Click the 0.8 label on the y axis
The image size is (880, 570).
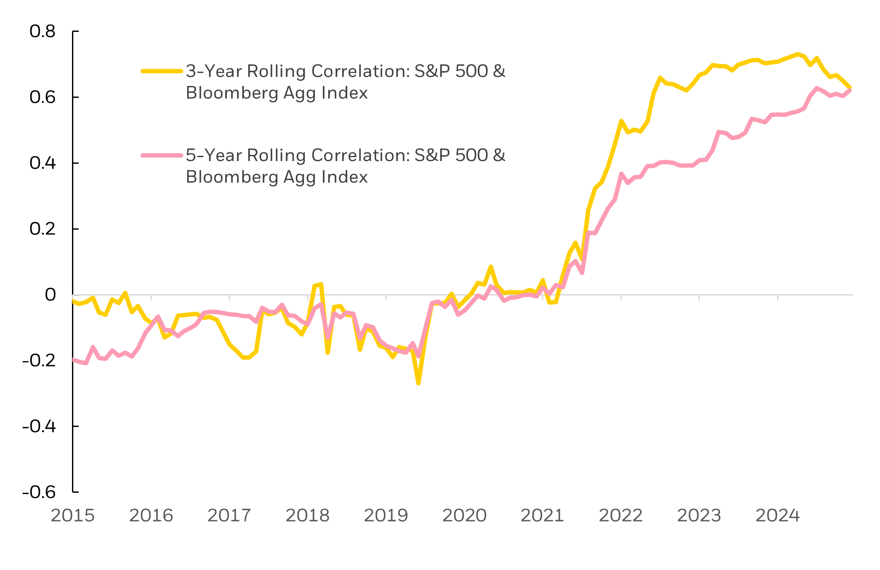pyautogui.click(x=42, y=31)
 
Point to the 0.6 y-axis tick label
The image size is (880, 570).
pyautogui.click(x=42, y=97)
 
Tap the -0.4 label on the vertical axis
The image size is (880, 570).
pyautogui.click(x=39, y=426)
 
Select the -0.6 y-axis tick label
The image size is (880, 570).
pyautogui.click(x=39, y=492)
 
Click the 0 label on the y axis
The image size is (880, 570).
pyautogui.click(x=50, y=295)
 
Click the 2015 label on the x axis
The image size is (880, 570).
pyautogui.click(x=73, y=515)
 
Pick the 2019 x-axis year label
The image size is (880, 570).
pyautogui.click(x=386, y=515)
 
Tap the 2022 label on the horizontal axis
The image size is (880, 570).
pyautogui.click(x=620, y=515)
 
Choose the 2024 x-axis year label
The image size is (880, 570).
pyautogui.click(x=777, y=515)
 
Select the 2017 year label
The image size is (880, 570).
pyautogui.click(x=229, y=515)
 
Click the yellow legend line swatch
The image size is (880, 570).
pyautogui.click(x=161, y=71)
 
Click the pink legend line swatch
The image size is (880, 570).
pyautogui.click(x=161, y=155)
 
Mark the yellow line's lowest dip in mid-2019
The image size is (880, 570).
pyautogui.click(x=418, y=383)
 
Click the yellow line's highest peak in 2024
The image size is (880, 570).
pyautogui.click(x=797, y=54)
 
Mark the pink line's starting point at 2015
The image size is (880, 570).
pyautogui.click(x=73, y=360)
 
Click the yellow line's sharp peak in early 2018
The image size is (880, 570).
pyautogui.click(x=321, y=285)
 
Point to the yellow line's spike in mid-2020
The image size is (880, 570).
pyautogui.click(x=491, y=267)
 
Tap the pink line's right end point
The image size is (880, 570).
pyautogui.click(x=850, y=90)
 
